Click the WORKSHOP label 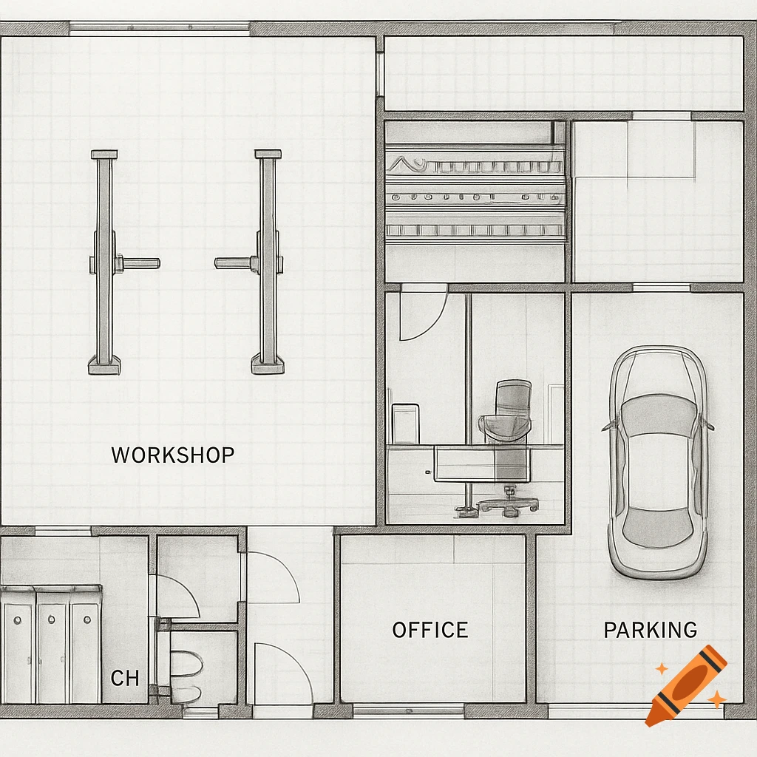(x=172, y=455)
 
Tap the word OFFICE (x=430, y=630)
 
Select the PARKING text (x=650, y=630)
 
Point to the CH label (x=124, y=678)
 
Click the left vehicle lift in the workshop (x=105, y=262)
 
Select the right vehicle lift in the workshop (x=267, y=262)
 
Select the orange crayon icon (x=685, y=684)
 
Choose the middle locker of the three (x=52, y=643)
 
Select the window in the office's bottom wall (x=408, y=710)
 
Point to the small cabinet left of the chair (x=405, y=424)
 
